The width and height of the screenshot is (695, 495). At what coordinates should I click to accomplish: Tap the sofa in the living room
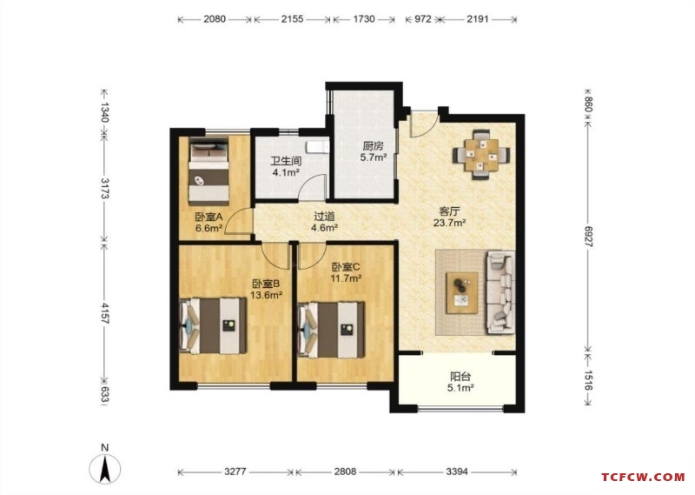(501, 292)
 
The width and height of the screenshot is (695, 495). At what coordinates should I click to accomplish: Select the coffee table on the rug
(462, 293)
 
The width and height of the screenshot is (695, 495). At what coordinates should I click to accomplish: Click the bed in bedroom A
(208, 170)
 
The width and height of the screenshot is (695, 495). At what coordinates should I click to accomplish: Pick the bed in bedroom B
(213, 326)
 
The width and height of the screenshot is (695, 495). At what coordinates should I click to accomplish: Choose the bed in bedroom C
(332, 330)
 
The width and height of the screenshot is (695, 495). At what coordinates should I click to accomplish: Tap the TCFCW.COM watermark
(643, 478)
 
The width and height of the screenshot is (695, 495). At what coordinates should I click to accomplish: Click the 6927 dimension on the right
(588, 237)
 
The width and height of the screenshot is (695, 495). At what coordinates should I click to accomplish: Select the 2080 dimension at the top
(215, 19)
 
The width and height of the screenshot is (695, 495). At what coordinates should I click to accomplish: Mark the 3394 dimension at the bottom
(457, 472)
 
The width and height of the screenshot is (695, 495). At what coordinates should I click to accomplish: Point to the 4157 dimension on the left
(105, 313)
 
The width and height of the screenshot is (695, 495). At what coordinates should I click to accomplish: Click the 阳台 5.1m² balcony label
(460, 382)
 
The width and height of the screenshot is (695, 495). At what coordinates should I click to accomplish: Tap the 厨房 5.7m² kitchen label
(374, 151)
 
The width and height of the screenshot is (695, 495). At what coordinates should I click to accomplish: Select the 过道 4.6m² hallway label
(324, 222)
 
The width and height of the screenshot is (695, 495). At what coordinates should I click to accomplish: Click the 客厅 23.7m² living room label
(449, 217)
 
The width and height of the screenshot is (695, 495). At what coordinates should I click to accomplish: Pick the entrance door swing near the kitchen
(424, 123)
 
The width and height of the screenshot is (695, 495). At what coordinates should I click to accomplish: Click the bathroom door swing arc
(312, 186)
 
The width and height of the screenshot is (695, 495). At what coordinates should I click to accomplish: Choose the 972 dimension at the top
(423, 19)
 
